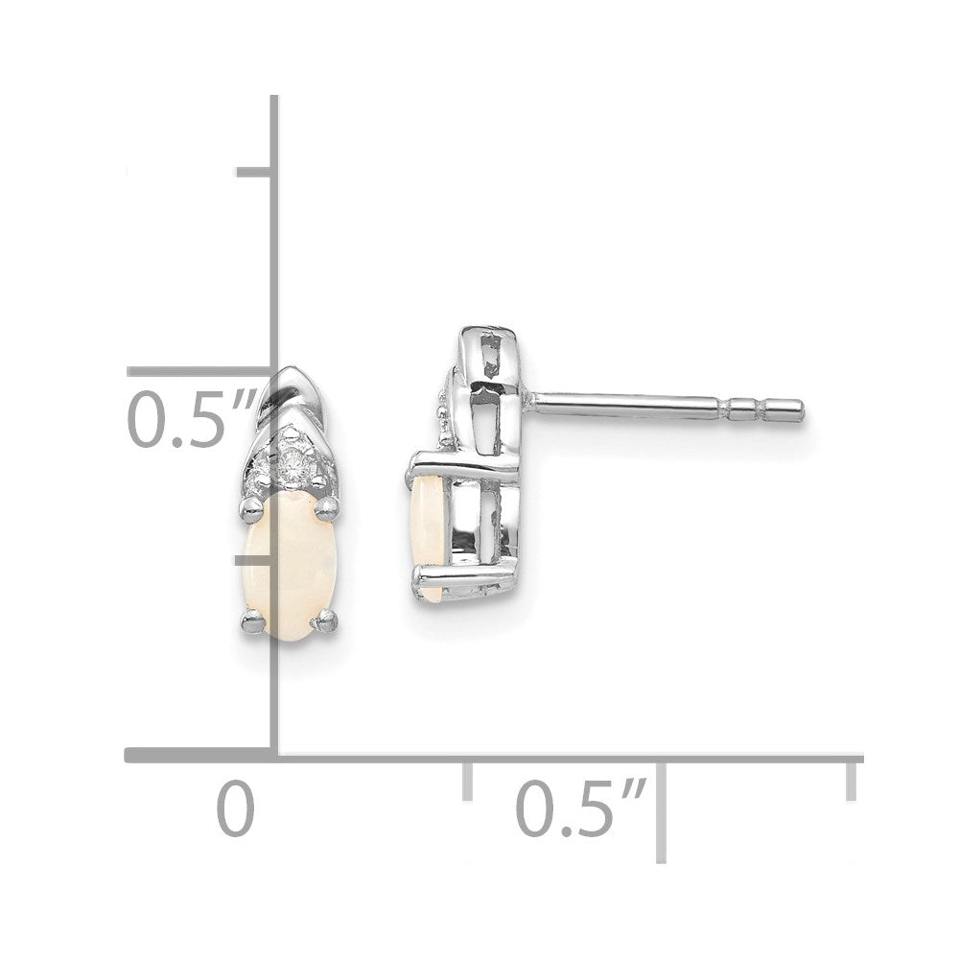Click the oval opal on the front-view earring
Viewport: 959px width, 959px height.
[285, 556]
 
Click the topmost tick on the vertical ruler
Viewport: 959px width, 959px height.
[255, 173]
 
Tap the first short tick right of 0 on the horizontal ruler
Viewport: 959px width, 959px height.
[468, 783]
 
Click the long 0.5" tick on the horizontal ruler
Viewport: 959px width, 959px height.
[661, 810]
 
